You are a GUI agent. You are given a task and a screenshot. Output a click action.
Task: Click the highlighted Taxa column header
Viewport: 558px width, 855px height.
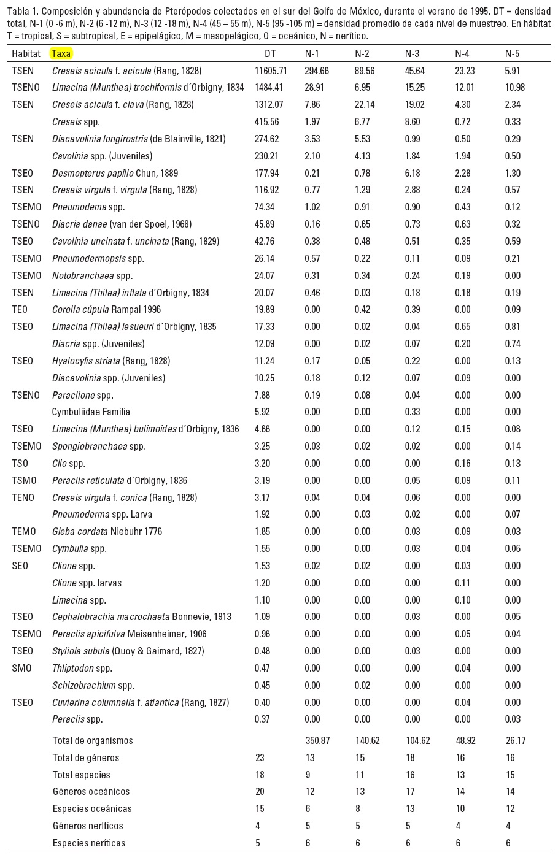(61, 53)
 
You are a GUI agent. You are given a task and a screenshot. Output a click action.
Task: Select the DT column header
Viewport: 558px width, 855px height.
(270, 53)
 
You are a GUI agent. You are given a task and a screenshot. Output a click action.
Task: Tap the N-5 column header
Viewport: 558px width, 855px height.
(512, 53)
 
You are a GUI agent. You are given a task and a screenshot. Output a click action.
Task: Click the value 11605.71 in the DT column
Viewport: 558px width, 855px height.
(271, 71)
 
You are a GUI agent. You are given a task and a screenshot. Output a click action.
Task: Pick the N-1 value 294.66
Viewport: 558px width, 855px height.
(317, 71)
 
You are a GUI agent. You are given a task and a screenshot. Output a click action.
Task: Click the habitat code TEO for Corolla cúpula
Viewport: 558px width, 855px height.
(20, 310)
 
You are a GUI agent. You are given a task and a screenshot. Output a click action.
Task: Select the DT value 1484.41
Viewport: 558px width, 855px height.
(268, 88)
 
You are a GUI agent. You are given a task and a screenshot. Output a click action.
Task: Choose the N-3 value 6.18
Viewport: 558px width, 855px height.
(412, 173)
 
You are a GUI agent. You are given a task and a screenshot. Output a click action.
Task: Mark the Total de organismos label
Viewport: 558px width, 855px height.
(93, 740)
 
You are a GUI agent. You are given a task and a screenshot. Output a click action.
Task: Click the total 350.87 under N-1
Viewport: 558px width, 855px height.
(317, 740)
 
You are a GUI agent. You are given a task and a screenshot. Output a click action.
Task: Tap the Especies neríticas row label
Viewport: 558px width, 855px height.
(89, 843)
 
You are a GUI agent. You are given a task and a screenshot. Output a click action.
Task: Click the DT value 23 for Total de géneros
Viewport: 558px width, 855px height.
(260, 757)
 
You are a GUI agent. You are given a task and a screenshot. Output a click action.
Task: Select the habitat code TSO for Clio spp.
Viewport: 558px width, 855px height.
(20, 463)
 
